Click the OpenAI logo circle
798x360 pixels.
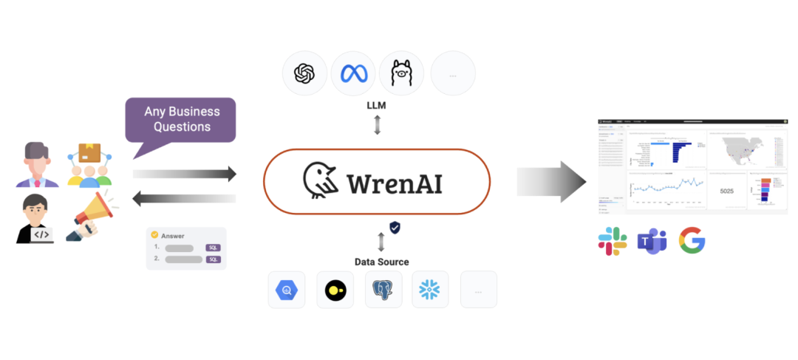coord(304,73)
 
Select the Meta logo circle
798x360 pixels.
coord(352,73)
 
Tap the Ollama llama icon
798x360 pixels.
coord(401,73)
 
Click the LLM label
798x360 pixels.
coord(378,106)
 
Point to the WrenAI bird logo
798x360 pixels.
coord(320,181)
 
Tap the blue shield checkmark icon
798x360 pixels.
coord(395,228)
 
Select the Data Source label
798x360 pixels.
coord(381,262)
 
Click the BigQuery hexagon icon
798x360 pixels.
coord(287,290)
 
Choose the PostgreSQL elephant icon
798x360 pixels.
coord(383,290)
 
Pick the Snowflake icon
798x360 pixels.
coord(430,290)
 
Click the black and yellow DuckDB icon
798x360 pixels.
coord(335,290)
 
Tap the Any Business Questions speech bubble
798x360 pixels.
coord(182,119)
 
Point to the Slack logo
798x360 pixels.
coord(613,242)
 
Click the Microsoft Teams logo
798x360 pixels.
coord(652,242)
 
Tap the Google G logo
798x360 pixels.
coord(692,241)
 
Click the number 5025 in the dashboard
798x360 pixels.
coord(726,191)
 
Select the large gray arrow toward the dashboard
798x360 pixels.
coord(550,181)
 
